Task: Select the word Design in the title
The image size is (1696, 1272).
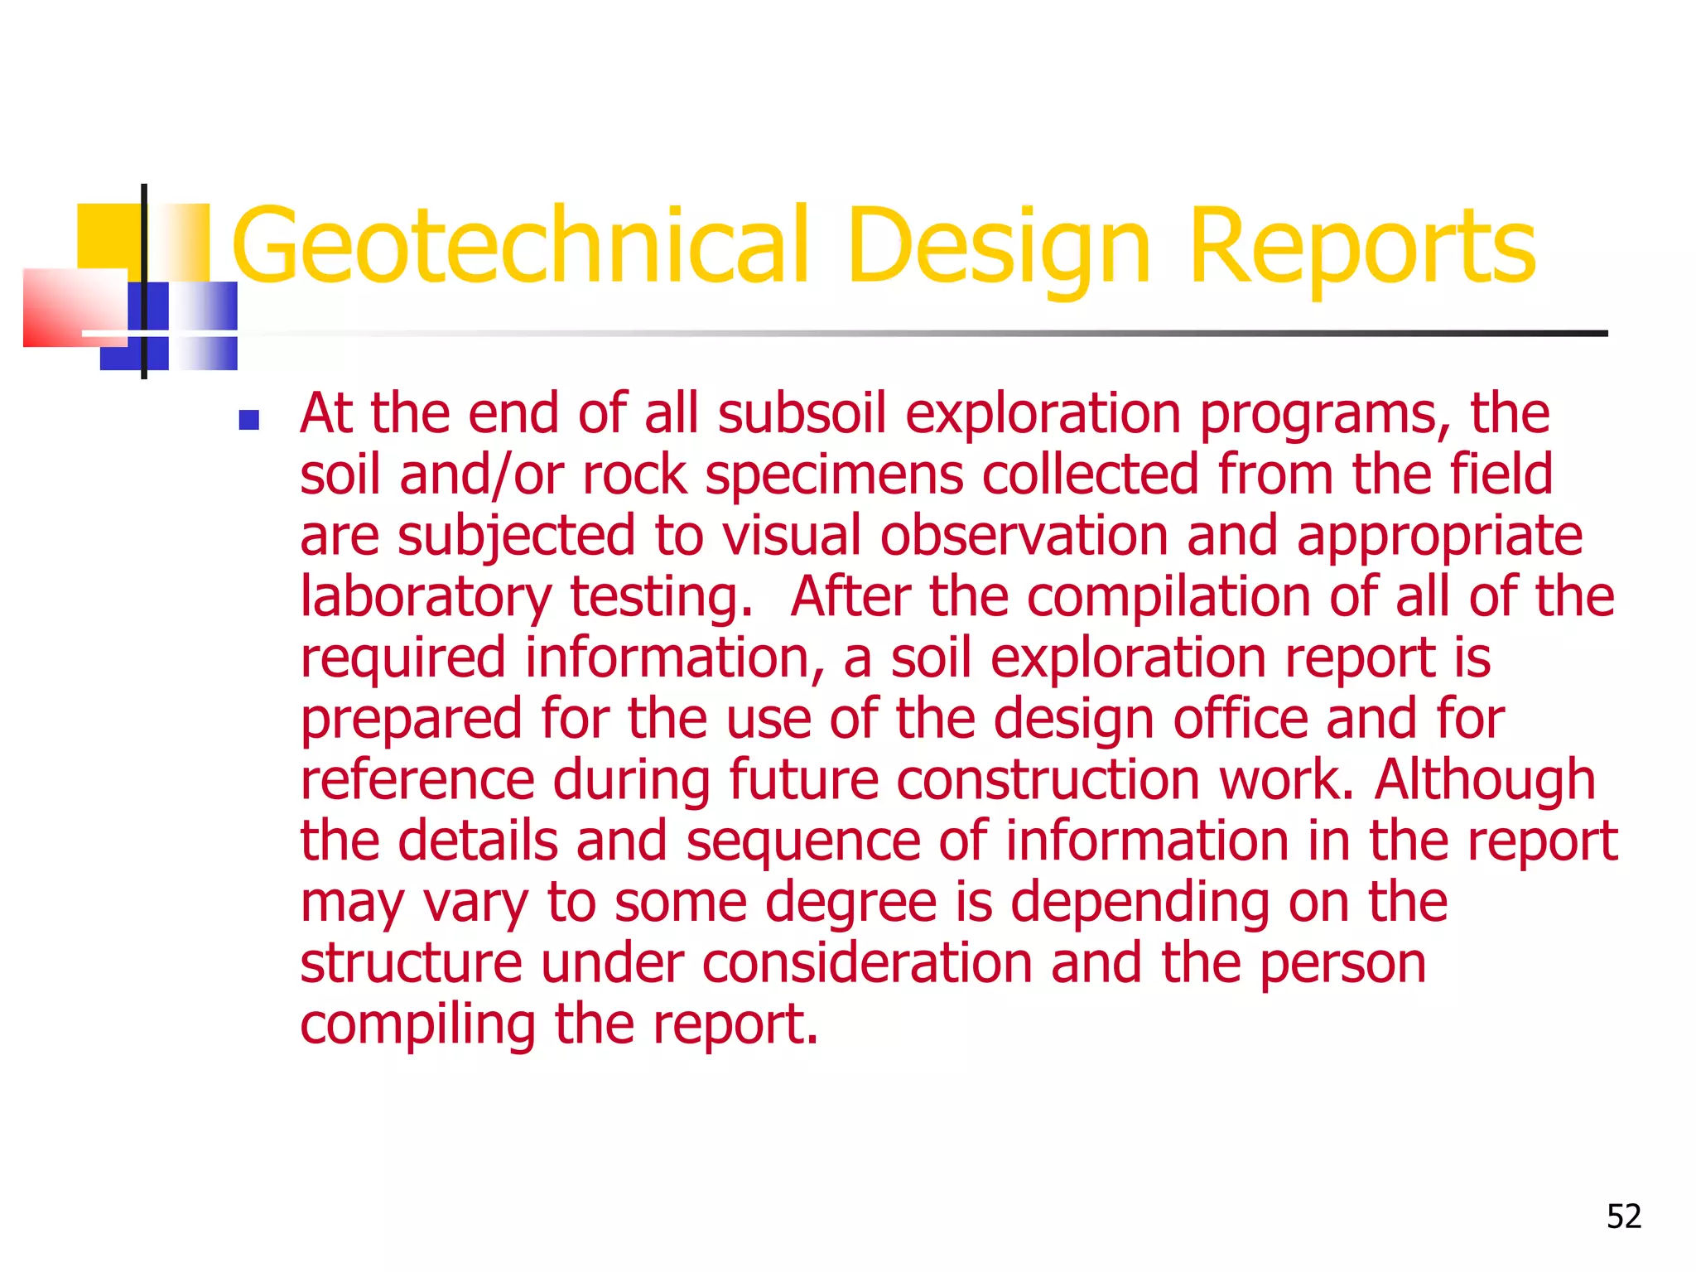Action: click(x=998, y=246)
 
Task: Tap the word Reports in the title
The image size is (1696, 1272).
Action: click(x=1362, y=246)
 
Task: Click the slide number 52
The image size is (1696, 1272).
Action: click(x=1623, y=1217)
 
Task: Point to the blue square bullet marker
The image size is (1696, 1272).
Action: click(x=248, y=421)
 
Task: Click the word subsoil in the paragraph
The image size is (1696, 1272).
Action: click(x=802, y=413)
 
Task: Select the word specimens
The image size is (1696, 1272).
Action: click(x=834, y=475)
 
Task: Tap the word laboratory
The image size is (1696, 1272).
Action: click(x=425, y=597)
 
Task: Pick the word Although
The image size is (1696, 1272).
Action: click(x=1485, y=780)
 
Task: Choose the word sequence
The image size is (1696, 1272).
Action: click(x=802, y=841)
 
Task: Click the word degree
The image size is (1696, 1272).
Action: click(x=850, y=902)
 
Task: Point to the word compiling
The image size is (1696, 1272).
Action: click(x=417, y=1024)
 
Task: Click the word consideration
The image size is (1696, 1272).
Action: click(x=867, y=963)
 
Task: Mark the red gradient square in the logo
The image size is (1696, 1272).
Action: click(x=75, y=306)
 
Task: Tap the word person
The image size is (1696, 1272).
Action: click(x=1342, y=963)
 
